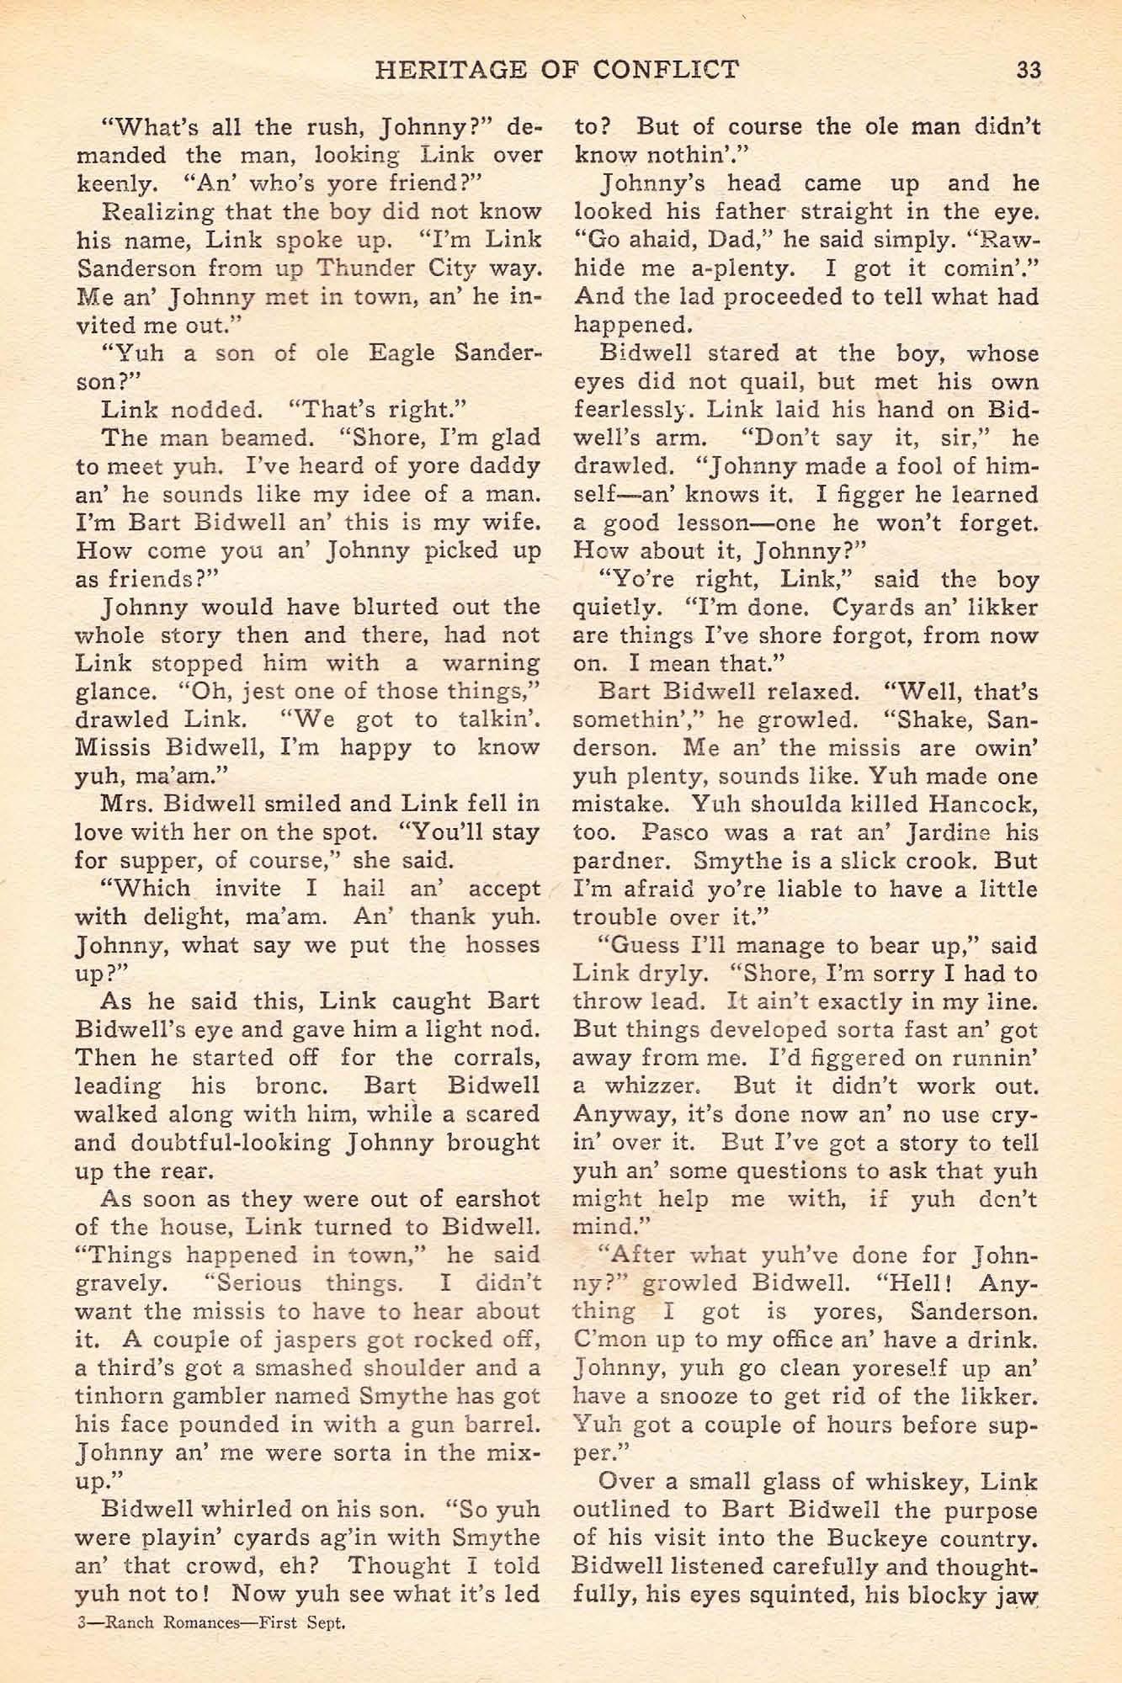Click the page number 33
tap(1028, 70)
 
